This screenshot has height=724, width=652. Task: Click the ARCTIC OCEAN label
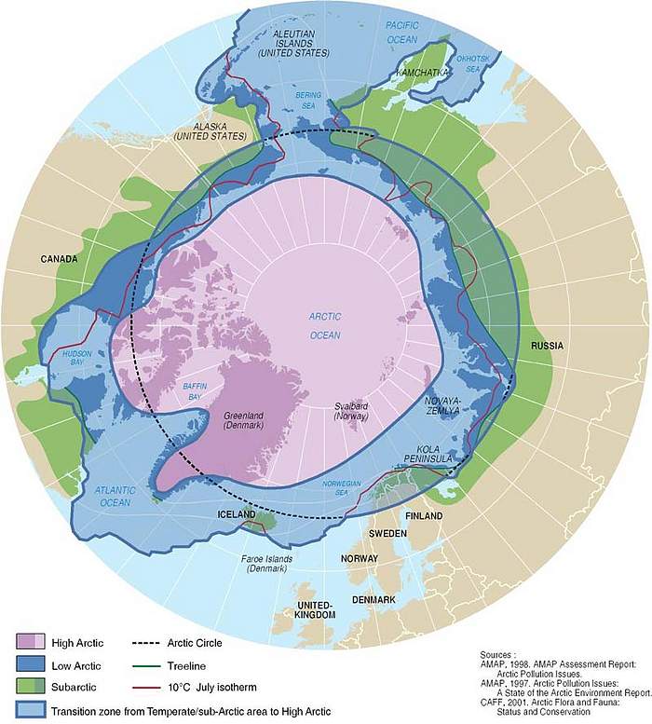point(325,326)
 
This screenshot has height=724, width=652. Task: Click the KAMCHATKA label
point(423,72)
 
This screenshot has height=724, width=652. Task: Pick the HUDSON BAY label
point(76,360)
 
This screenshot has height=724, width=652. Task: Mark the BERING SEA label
point(308,101)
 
